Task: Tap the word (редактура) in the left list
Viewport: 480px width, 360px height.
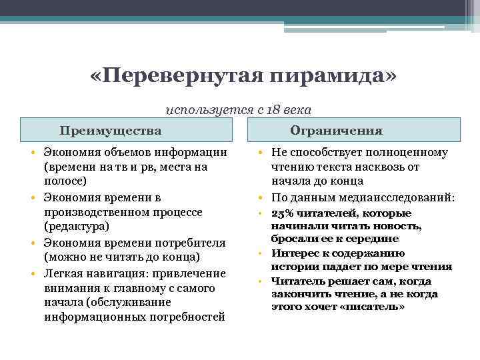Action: (x=75, y=227)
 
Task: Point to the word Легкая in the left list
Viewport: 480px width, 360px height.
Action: (x=62, y=273)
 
